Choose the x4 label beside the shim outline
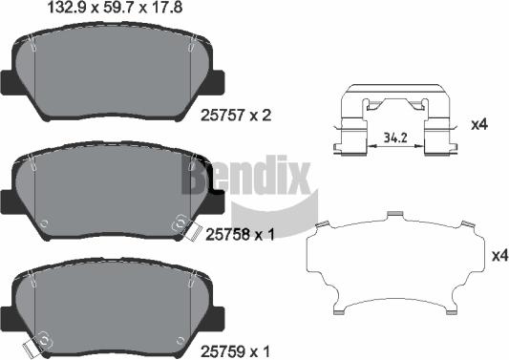point(498,255)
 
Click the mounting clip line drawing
point(395,124)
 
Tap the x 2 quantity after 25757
point(262,116)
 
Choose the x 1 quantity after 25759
point(262,350)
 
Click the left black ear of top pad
point(9,82)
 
